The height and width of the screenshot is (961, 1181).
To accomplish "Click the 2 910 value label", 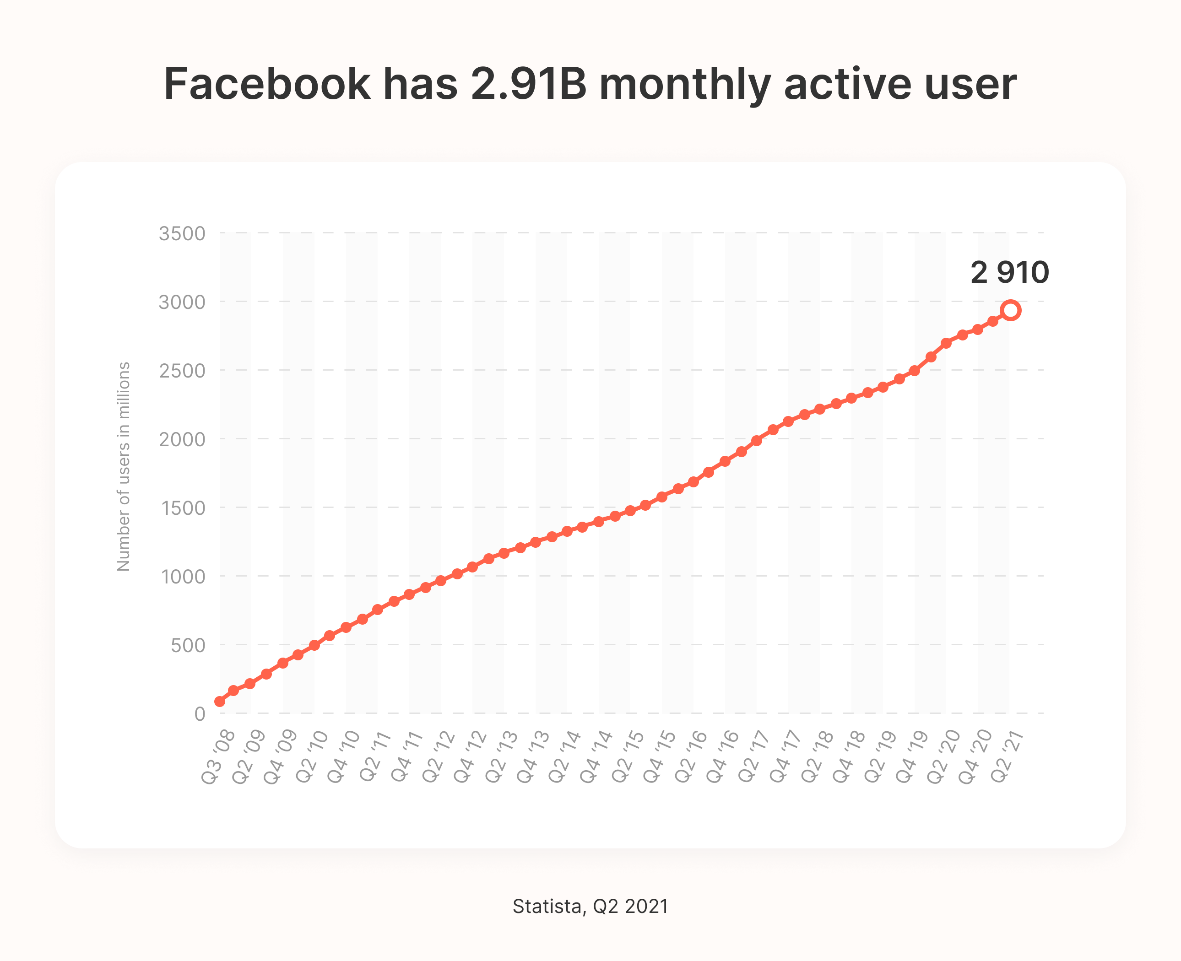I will (1009, 272).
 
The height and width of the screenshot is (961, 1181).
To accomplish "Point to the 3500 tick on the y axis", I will (182, 233).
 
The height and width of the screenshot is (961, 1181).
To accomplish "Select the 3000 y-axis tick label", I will (182, 302).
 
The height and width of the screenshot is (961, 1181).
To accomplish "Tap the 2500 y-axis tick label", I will (182, 371).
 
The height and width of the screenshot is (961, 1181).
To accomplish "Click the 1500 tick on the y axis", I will (183, 508).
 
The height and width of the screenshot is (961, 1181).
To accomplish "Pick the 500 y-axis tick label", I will (188, 645).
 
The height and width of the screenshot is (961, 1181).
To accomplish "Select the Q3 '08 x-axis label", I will (218, 757).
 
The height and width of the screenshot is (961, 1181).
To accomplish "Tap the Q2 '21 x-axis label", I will (1007, 757).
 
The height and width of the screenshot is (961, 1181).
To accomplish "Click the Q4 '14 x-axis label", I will (597, 757).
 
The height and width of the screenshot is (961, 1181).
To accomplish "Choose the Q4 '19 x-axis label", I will (912, 757).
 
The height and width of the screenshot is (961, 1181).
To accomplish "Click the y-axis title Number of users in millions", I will (124, 466).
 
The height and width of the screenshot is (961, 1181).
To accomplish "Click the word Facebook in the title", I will (267, 84).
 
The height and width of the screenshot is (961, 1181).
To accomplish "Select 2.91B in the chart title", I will (528, 84).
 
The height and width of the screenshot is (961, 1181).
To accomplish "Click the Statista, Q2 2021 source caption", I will (590, 906).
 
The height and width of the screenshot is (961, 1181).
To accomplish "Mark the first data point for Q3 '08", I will (220, 702).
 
